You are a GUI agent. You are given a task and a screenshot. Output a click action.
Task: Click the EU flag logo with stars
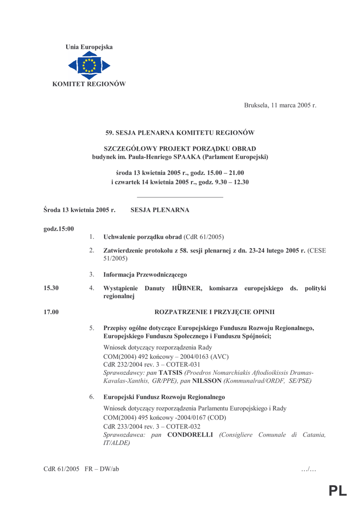pos(89,66)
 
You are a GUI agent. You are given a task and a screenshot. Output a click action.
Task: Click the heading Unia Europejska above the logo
pos(89,47)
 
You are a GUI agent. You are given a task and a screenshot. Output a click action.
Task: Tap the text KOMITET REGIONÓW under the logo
pos(89,84)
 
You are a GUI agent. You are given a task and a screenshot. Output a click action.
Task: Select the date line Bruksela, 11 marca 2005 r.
pos(280,105)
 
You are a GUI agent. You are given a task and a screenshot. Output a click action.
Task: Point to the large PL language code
pos(338,492)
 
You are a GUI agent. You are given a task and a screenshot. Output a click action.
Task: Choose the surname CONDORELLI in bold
pos(190,435)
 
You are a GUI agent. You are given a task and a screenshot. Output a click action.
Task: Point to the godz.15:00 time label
pos(59,229)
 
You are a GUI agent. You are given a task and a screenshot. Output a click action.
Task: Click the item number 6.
pos(92,397)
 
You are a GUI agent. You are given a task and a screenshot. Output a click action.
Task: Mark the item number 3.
pos(92,274)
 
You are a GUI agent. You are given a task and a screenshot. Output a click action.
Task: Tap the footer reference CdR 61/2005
pos(61,469)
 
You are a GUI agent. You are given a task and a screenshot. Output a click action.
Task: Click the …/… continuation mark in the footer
pos(309,469)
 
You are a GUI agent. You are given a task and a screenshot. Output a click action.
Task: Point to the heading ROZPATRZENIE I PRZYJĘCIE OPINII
pos(215,312)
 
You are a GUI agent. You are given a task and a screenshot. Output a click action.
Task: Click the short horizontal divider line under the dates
pos(180,198)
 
